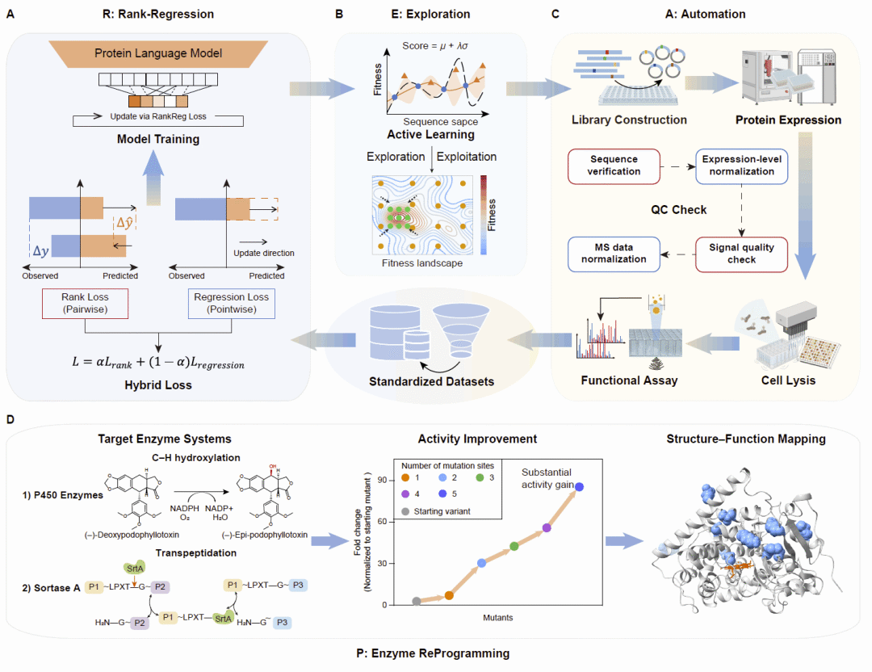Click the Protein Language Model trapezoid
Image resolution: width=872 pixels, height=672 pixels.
[x=158, y=53]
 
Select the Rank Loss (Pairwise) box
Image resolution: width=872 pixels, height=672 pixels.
[x=85, y=303]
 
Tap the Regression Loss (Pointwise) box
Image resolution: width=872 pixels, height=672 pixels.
[x=232, y=303]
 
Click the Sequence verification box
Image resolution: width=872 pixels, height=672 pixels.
[x=614, y=166]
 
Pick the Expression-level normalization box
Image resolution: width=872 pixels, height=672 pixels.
[x=741, y=166]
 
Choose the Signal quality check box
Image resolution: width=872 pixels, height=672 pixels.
[x=741, y=254]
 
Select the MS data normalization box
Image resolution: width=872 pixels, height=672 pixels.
[x=614, y=254]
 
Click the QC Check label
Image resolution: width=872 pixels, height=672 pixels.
[x=678, y=210]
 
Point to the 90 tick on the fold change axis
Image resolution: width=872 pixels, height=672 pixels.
[x=382, y=480]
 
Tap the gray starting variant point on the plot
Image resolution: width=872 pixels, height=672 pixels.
[x=417, y=601]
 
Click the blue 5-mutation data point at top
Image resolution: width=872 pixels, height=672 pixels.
[x=579, y=487]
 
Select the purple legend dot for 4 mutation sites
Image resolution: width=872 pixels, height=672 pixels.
[x=405, y=494]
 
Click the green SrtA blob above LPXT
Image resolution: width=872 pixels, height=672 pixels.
[x=135, y=568]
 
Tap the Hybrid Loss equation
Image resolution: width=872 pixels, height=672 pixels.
[x=158, y=362]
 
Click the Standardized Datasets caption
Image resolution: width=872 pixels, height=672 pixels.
[x=431, y=381]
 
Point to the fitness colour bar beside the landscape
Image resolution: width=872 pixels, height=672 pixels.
[x=484, y=216]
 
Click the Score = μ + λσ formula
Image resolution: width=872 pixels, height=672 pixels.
[x=435, y=45]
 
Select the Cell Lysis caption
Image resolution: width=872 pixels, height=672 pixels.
[x=788, y=380]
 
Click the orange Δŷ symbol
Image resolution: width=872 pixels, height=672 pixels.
[x=124, y=223]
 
